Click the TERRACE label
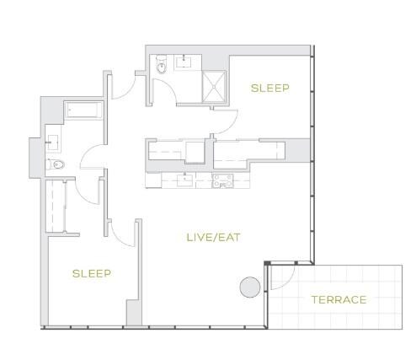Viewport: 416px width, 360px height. pos(339,299)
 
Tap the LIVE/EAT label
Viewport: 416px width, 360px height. pos(214,238)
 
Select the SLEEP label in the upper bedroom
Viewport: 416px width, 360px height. pos(269,89)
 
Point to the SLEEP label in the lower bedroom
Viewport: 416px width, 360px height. pos(92,273)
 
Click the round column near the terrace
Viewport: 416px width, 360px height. pos(250,287)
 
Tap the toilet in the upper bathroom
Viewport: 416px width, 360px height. pos(161,64)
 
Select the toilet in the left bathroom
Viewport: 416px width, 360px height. pos(56,164)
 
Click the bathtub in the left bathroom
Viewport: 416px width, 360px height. pos(83,110)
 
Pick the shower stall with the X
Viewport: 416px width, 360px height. pos(214,87)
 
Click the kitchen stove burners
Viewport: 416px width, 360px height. pos(222,180)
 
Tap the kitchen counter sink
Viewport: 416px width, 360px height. pos(184,180)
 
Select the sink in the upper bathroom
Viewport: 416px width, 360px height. pos(184,62)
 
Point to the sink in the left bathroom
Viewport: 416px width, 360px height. pos(52,142)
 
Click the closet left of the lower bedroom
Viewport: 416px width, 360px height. pos(56,206)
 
